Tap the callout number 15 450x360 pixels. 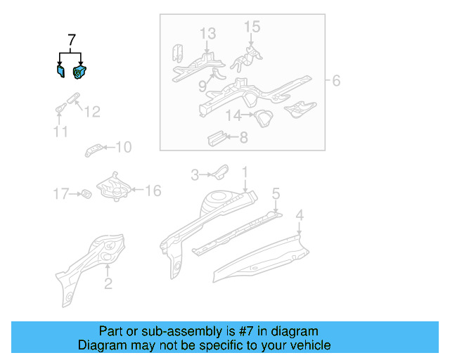(252, 27)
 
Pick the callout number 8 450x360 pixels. (243, 138)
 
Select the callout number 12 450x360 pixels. (92, 112)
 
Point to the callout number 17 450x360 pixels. (61, 193)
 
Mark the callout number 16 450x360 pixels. (153, 191)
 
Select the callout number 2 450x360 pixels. (108, 284)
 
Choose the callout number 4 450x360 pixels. (300, 214)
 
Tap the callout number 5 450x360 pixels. (276, 193)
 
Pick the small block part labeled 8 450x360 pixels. (214, 137)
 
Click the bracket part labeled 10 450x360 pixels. (95, 148)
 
